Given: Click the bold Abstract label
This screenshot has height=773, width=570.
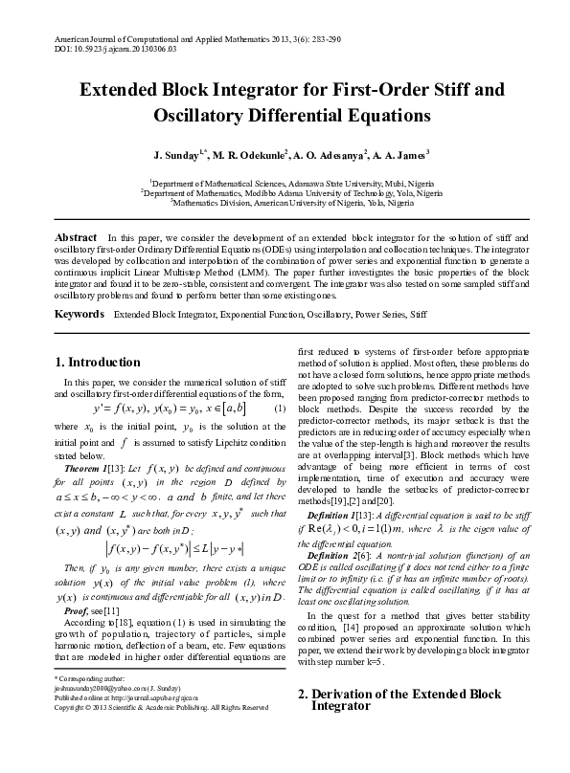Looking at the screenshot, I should (x=76, y=236).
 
